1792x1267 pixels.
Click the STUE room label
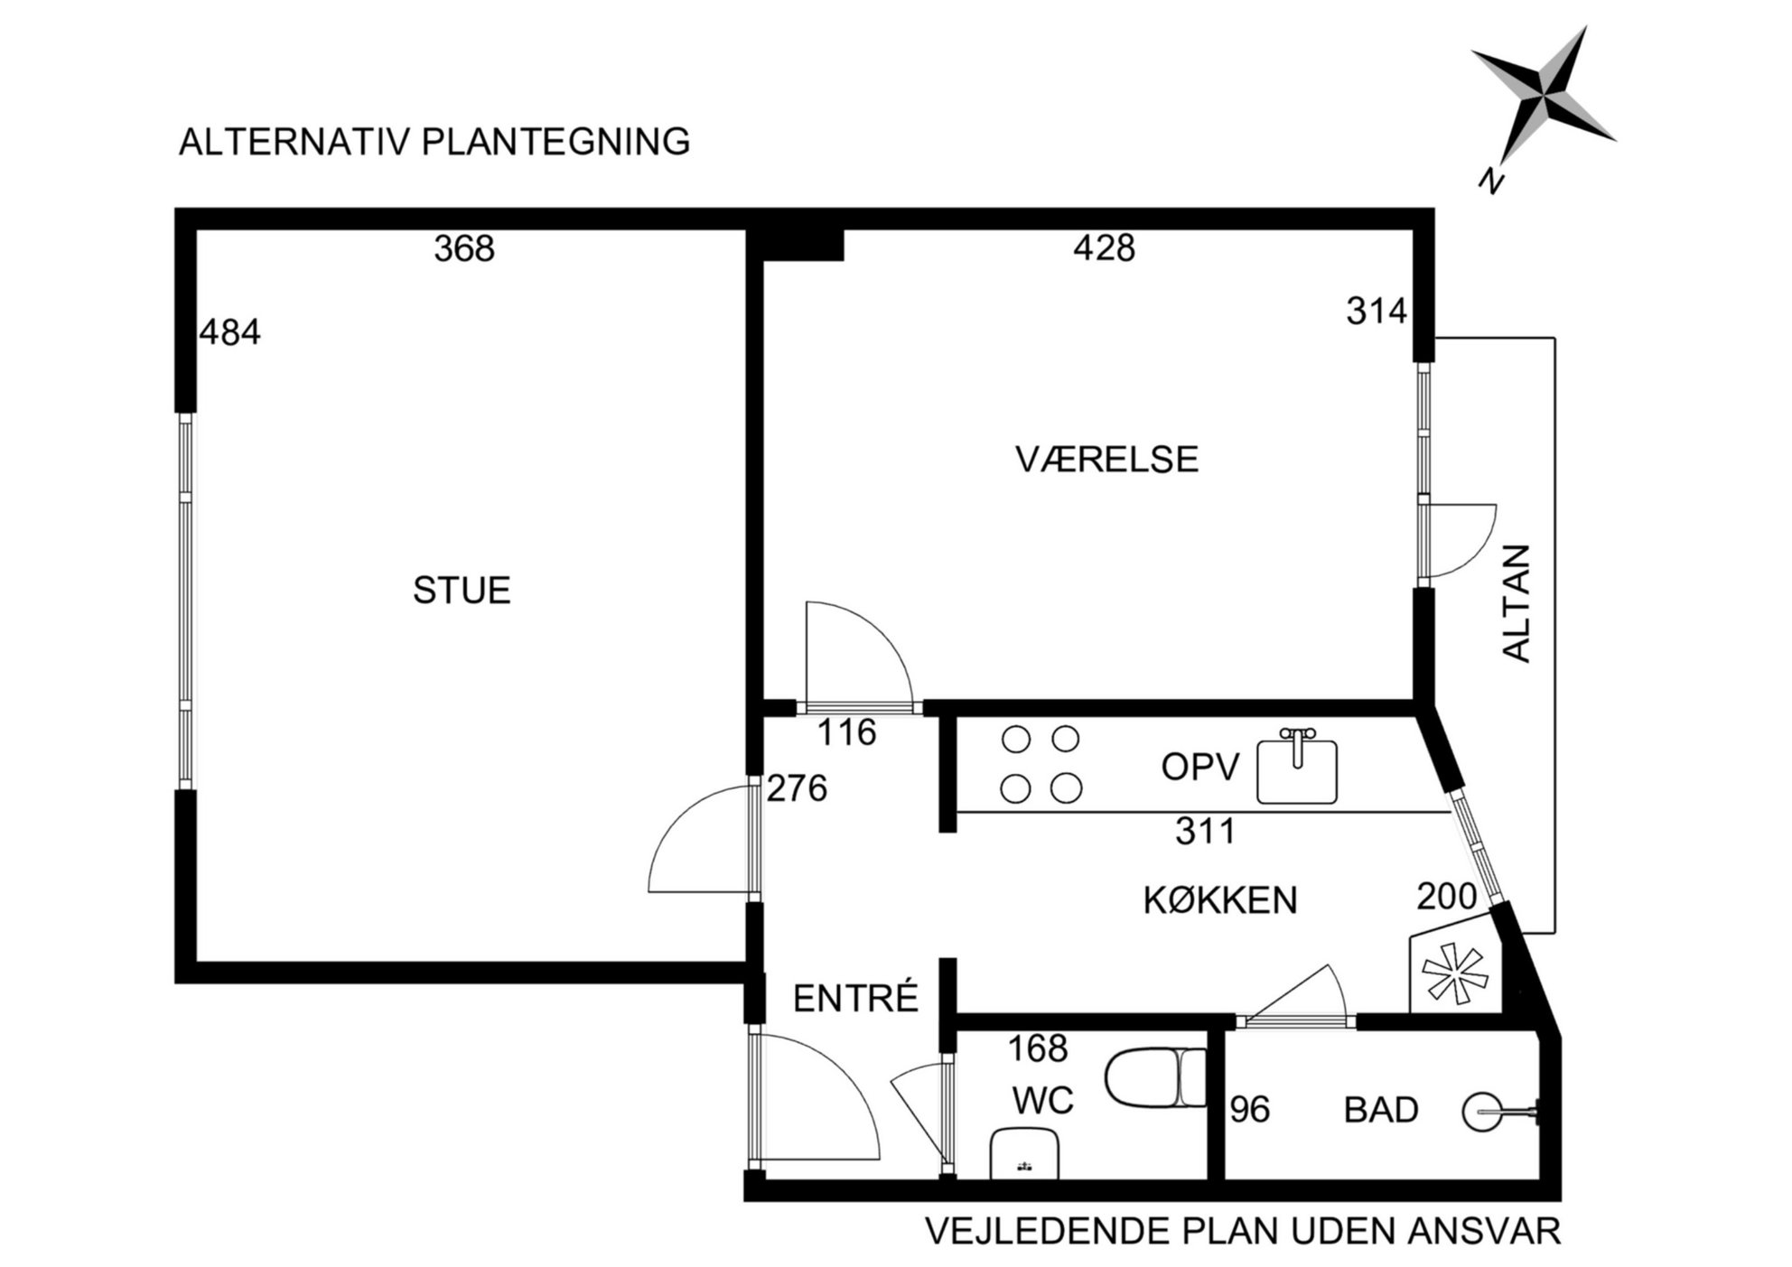(462, 591)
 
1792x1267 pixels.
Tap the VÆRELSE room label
(1106, 460)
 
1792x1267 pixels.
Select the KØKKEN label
(1220, 900)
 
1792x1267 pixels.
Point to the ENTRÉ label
(855, 997)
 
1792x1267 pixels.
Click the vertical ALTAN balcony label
(1517, 603)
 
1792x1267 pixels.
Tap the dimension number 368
(464, 249)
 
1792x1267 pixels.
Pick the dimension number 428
(1104, 247)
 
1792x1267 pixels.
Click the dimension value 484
(230, 332)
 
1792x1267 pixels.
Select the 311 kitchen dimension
(1205, 831)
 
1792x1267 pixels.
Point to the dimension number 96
(1250, 1110)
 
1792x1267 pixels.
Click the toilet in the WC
(1155, 1077)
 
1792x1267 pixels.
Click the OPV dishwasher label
(1200, 768)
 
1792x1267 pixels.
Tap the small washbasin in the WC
(1025, 1153)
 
